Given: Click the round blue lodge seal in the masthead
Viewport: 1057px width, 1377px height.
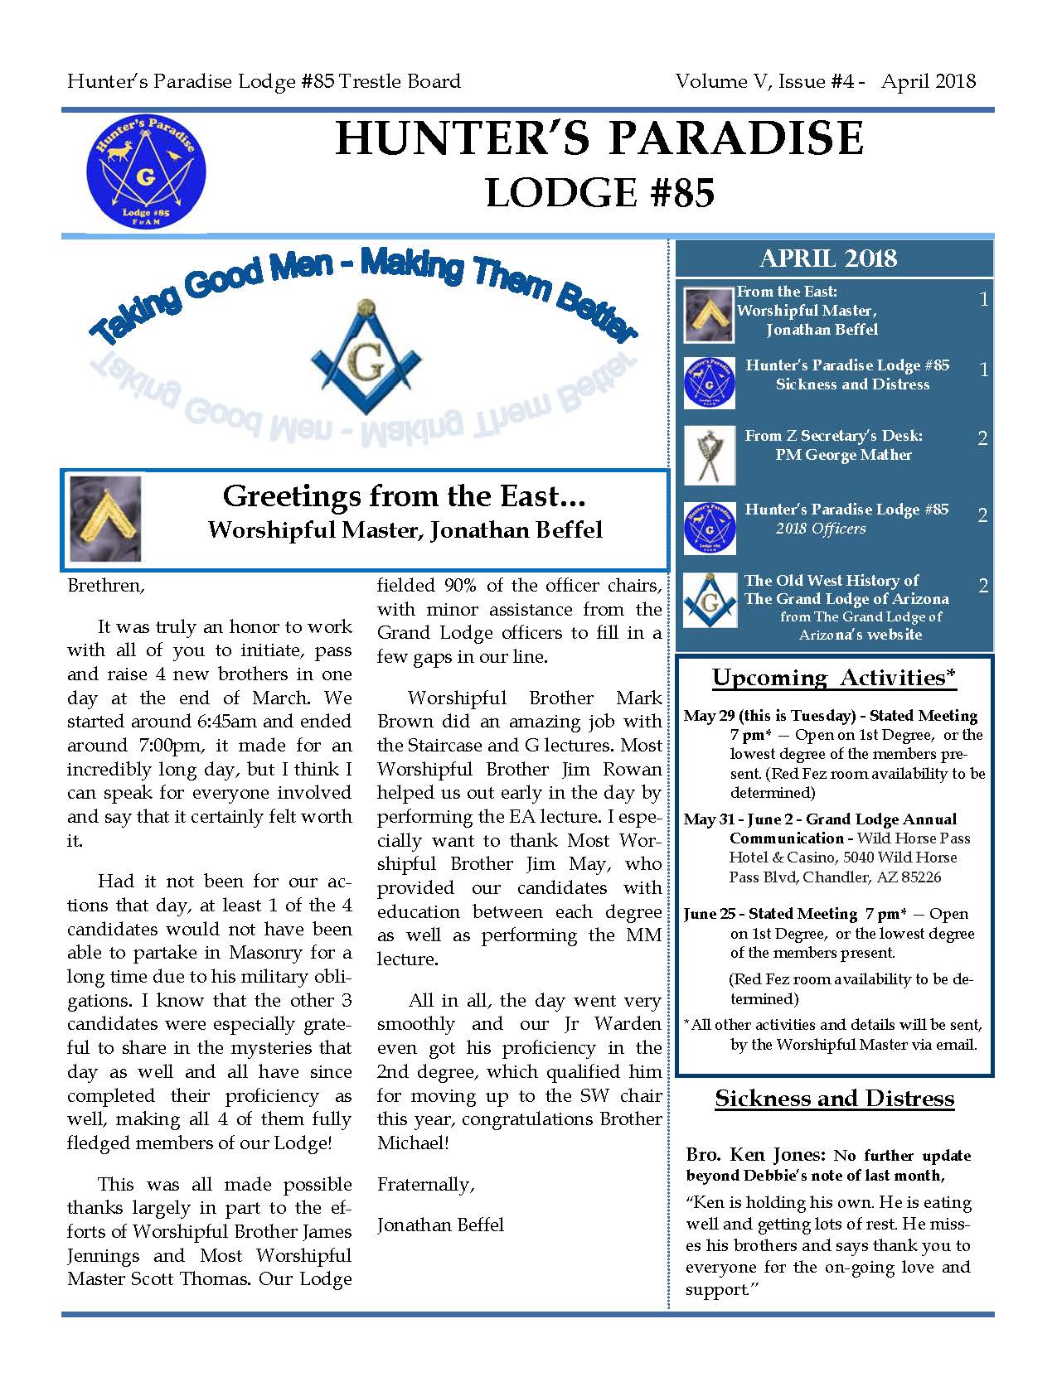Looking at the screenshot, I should [146, 173].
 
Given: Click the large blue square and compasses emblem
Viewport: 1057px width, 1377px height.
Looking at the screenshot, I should [366, 357].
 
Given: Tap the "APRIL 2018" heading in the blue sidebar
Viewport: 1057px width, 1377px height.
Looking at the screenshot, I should [827, 258].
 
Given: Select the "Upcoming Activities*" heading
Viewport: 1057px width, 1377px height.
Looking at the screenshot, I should [834, 678].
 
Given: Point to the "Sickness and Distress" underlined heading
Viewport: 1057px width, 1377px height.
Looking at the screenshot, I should [834, 1099].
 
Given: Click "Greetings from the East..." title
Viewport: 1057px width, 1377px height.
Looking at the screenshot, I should [405, 495].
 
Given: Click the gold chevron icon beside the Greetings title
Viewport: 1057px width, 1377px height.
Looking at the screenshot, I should [105, 519].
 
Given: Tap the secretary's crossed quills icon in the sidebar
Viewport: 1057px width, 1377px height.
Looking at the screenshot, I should [709, 455].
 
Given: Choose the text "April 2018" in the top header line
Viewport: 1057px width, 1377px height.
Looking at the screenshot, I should [929, 81].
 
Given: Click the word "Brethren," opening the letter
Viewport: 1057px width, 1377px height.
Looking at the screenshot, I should [106, 585].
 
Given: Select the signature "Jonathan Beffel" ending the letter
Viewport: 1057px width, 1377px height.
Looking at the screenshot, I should [440, 1225].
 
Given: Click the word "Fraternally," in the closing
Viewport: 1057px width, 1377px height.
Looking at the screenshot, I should [426, 1185].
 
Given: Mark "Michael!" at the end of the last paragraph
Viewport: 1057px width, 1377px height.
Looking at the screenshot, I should [413, 1143].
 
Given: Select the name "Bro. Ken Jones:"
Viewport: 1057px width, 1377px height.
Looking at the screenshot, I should [755, 1155].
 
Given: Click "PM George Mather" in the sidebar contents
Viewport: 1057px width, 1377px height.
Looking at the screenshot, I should [843, 455].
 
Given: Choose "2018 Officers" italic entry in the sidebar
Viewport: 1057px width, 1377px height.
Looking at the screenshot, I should [821, 529].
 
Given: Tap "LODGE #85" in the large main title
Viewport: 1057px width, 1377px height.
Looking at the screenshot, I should [599, 193].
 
